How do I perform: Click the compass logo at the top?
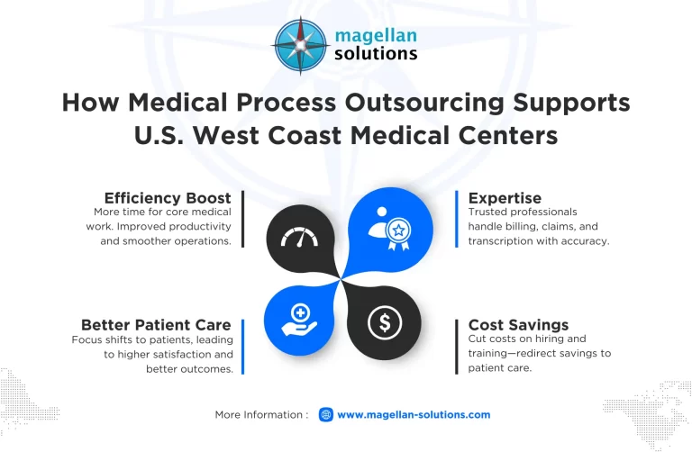pos(302,46)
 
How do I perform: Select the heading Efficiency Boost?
pos(168,197)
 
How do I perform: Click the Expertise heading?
pos(505,197)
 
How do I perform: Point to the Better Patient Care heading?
pos(156,324)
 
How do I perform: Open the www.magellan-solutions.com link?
pos(414,414)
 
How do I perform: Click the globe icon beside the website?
pos(326,414)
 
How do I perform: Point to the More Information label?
pos(261,414)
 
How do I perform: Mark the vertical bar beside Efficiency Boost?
pos(242,219)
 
